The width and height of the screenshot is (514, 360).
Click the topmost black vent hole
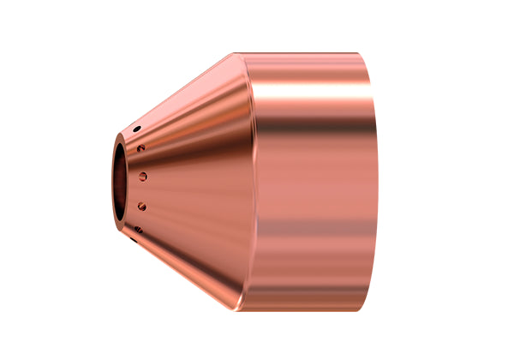click(136, 129)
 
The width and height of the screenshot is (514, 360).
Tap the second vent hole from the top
click(140, 148)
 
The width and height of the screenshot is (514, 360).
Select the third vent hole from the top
click(143, 177)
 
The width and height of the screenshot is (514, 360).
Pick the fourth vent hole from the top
click(141, 206)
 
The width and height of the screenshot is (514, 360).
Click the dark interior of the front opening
click(121, 180)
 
